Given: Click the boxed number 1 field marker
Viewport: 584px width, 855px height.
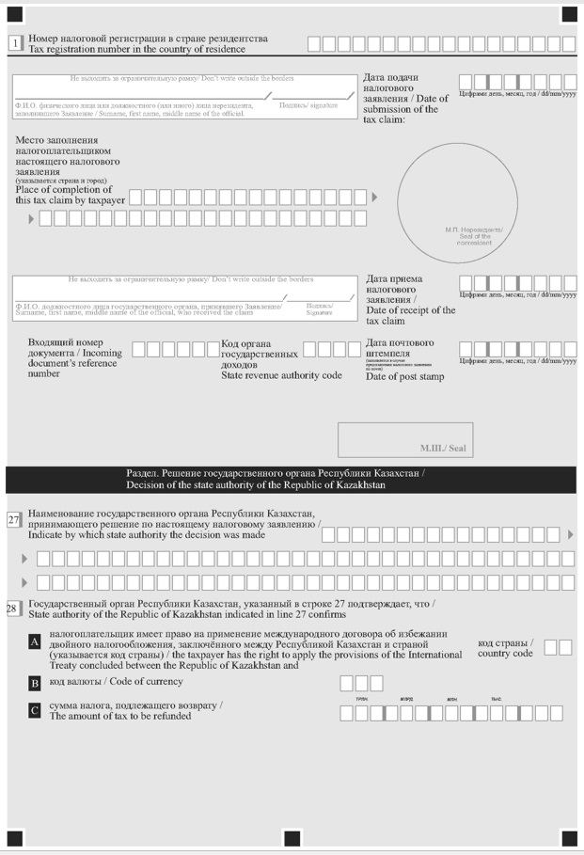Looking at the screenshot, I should [x=15, y=43].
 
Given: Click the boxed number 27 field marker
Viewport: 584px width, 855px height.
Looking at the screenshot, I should [x=14, y=520].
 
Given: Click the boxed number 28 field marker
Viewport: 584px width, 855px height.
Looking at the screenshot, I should [x=14, y=609].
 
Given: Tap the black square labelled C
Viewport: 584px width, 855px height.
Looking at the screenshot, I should [x=35, y=712].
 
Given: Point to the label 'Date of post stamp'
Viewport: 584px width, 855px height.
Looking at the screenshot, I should [x=405, y=377].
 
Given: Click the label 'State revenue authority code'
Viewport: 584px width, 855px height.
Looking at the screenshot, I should [x=281, y=375].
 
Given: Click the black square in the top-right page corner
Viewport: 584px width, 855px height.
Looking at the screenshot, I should [x=569, y=13].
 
